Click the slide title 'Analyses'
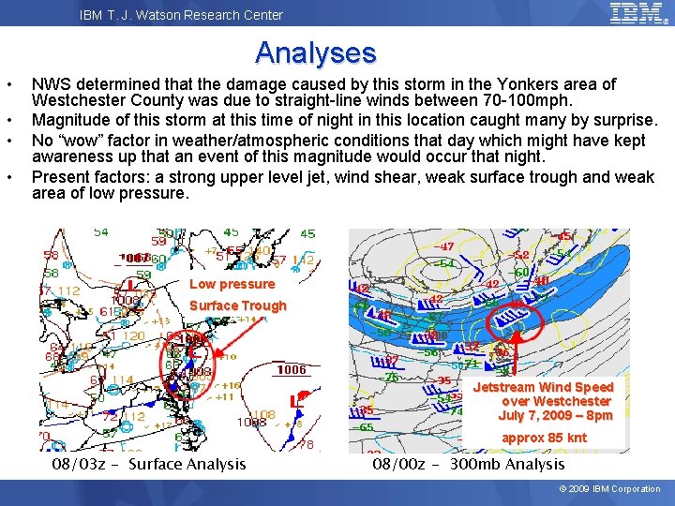tap(315, 52)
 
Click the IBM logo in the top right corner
tap(637, 13)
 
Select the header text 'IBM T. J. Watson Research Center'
tap(181, 14)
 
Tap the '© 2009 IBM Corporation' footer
tap(609, 488)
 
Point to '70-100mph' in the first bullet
tap(530, 100)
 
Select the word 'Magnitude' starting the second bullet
tap(69, 120)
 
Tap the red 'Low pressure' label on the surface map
tap(232, 284)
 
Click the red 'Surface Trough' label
tap(237, 305)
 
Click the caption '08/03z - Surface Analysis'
tap(149, 464)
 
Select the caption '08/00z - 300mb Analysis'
tap(469, 464)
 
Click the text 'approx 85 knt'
tap(544, 438)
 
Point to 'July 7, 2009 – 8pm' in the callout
tap(555, 415)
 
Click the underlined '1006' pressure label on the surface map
tap(291, 370)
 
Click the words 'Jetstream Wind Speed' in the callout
tap(544, 387)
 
